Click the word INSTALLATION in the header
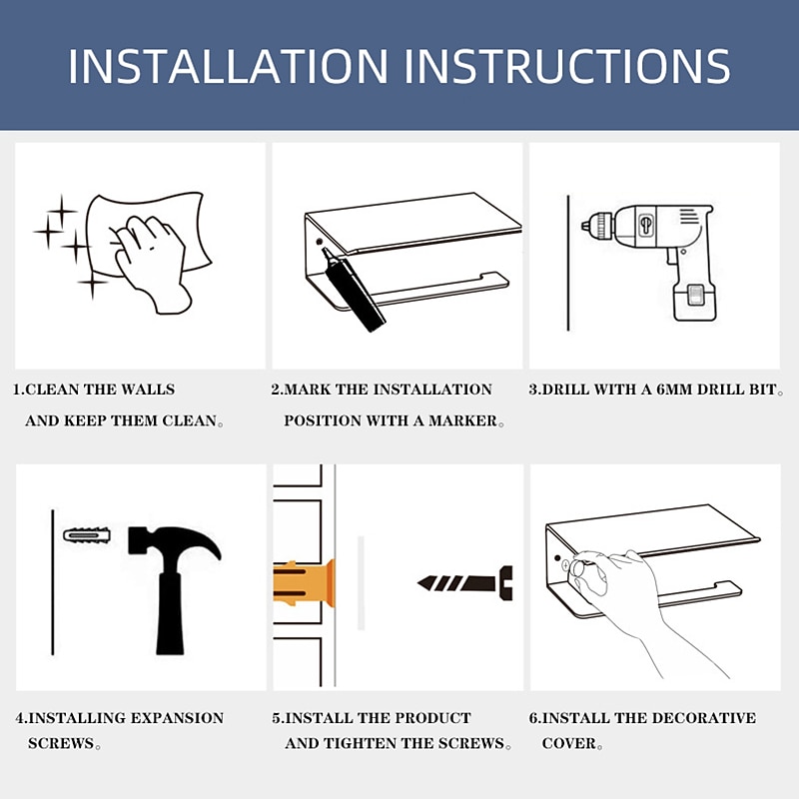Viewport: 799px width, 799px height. click(229, 66)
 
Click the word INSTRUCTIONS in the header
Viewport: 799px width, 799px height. click(567, 66)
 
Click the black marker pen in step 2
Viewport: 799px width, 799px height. click(354, 289)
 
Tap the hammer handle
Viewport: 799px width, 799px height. click(170, 614)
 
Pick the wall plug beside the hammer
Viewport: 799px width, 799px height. click(87, 535)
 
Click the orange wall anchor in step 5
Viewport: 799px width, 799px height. click(305, 583)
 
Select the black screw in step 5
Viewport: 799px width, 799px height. click(465, 583)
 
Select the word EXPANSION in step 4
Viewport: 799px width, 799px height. click(177, 717)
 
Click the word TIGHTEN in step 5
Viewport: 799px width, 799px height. click(360, 743)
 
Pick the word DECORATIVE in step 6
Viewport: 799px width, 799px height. click(704, 717)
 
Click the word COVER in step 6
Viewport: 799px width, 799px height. click(568, 743)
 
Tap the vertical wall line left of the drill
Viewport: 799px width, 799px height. click(568, 263)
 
